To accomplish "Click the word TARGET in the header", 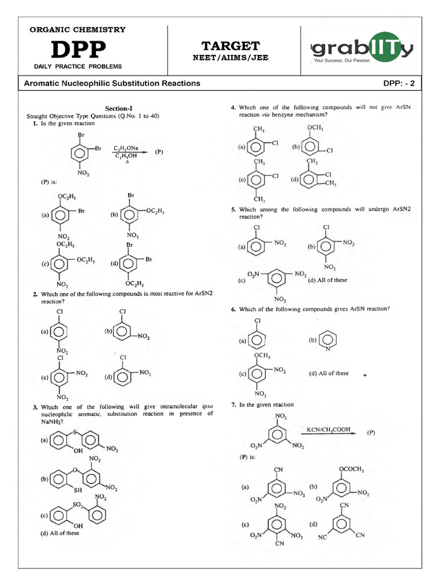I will pyautogui.click(x=230, y=46).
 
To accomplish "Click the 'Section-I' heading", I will pyautogui.click(x=119, y=108).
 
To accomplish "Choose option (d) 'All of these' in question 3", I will pyautogui.click(x=60, y=533).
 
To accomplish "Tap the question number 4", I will pyautogui.click(x=233, y=107).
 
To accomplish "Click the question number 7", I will pyautogui.click(x=233, y=404).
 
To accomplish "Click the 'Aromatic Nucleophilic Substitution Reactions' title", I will pyautogui.click(x=112, y=83).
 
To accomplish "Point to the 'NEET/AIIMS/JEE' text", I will pyautogui.click(x=230, y=58).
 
